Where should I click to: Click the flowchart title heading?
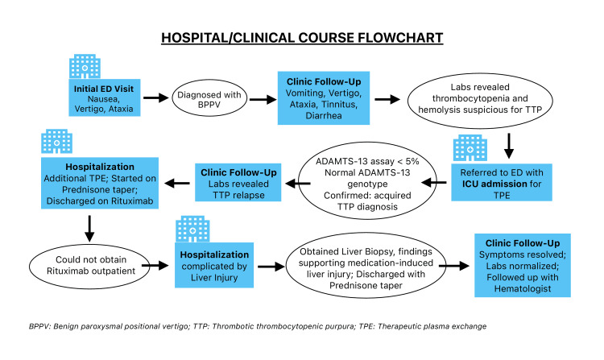click(x=302, y=38)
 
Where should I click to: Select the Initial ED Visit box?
click(x=105, y=97)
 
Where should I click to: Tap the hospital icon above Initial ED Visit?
click(x=85, y=67)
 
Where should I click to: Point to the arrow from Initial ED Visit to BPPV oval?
click(x=156, y=97)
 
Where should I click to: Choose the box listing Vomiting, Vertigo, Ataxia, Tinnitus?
click(x=324, y=98)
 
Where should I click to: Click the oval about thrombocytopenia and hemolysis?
click(x=480, y=100)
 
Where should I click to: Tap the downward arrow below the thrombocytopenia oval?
click(x=509, y=146)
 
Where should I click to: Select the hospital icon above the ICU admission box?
click(x=470, y=148)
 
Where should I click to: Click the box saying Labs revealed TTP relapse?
click(x=238, y=183)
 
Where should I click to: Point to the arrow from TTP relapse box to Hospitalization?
click(x=177, y=184)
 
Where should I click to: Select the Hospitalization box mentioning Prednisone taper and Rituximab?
click(x=100, y=183)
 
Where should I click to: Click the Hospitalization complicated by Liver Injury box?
click(x=214, y=265)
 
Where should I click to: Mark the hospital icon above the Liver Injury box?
click(x=192, y=229)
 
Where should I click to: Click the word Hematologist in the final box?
click(x=523, y=289)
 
